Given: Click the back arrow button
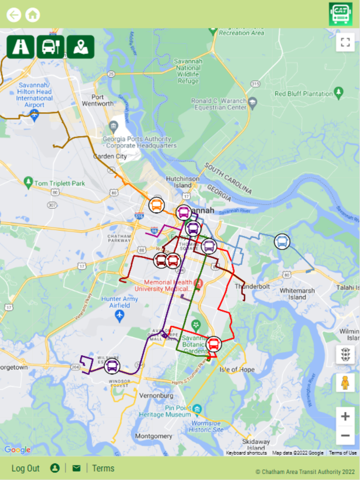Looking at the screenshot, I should pos(14,14).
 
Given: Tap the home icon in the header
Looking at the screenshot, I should pos(32,14).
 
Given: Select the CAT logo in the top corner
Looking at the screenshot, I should pos(340,13).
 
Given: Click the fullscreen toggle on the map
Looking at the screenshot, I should pos(345,42).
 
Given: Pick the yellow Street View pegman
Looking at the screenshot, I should pos(345,382).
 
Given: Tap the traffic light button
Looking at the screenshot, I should pos(345,354).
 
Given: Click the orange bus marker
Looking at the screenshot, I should pos(157,205).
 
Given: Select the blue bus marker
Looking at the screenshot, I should pos(282,241).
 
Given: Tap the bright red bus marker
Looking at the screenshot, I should pos(214,344).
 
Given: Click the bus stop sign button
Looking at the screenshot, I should pos(50,47).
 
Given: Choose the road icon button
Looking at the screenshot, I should pos(21,47).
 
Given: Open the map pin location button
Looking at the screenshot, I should pos(80,47).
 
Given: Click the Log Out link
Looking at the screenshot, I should pos(26,468).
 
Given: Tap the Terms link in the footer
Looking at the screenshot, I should pos(103,468).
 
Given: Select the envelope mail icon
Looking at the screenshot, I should pos(76,468).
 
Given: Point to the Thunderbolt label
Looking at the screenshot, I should pos(249,286).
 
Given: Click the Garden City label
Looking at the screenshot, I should pos(110,156).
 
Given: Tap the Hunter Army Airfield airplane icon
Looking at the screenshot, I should pos(120,314).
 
